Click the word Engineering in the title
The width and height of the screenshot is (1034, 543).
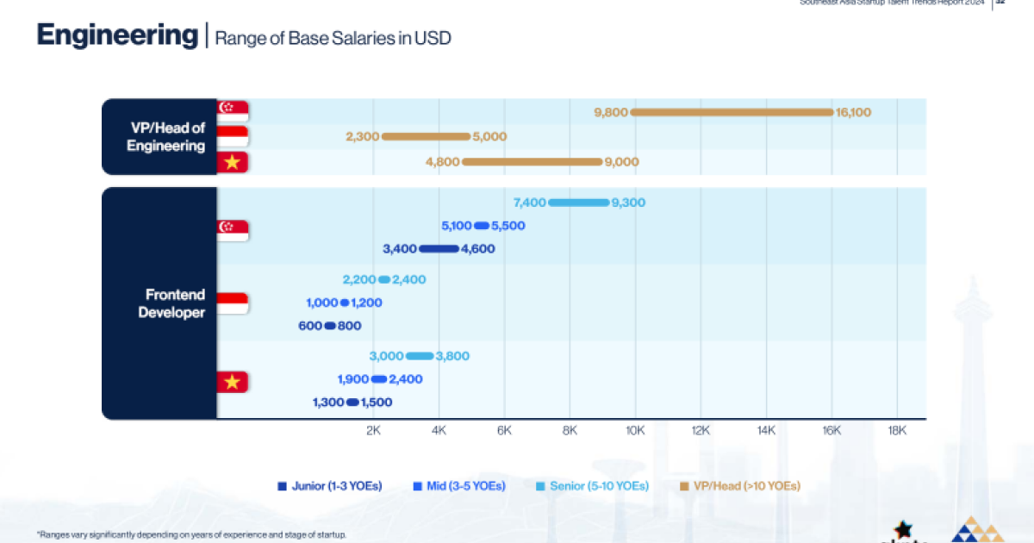click(x=117, y=36)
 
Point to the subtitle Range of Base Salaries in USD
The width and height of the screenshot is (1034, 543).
click(x=333, y=38)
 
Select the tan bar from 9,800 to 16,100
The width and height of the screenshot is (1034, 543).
click(x=732, y=112)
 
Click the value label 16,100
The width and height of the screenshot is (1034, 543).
click(x=853, y=112)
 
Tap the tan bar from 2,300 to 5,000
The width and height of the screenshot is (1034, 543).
click(x=426, y=136)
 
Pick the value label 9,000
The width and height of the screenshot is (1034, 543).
click(x=621, y=161)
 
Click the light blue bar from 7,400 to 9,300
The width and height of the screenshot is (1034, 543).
click(x=578, y=203)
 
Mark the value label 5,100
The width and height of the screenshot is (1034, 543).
click(x=456, y=226)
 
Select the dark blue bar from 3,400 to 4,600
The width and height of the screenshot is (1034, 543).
click(x=439, y=249)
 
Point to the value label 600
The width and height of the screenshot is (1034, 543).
click(x=310, y=326)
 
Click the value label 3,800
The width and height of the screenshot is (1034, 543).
click(x=452, y=356)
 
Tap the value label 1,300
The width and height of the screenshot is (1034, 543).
click(x=327, y=403)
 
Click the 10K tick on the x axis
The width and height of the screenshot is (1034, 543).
click(x=635, y=430)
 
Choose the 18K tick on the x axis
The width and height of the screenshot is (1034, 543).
click(x=897, y=430)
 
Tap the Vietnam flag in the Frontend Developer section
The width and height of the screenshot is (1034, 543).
click(x=232, y=382)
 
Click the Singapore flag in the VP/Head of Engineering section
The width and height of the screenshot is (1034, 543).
click(x=233, y=110)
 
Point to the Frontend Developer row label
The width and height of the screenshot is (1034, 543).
click(x=171, y=303)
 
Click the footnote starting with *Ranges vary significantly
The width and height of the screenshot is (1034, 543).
click(x=191, y=534)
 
